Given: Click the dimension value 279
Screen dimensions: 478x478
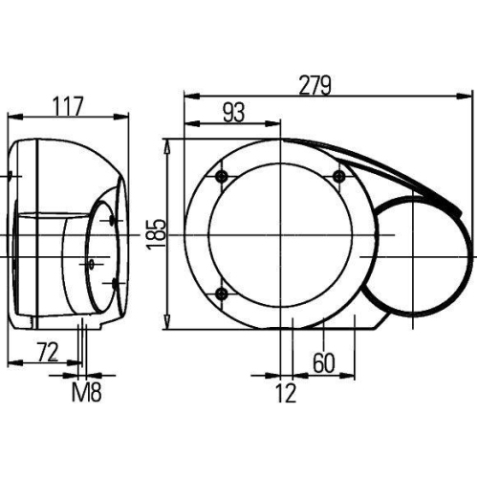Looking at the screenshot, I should [315, 84].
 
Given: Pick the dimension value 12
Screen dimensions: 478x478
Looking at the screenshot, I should [285, 392].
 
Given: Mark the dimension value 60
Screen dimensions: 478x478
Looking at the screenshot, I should [325, 362].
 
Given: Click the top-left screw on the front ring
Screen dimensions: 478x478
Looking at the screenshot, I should [223, 176].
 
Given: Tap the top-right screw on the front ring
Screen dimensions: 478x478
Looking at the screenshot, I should [338, 175].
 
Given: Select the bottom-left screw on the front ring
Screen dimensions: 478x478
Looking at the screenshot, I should [223, 292].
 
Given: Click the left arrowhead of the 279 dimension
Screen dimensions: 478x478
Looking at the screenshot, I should [188, 96].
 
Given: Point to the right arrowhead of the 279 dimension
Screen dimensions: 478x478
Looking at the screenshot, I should [469, 96].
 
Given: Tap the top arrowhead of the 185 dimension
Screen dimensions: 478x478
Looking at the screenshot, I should [169, 144].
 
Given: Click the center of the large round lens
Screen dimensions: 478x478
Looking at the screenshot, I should [281, 234].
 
